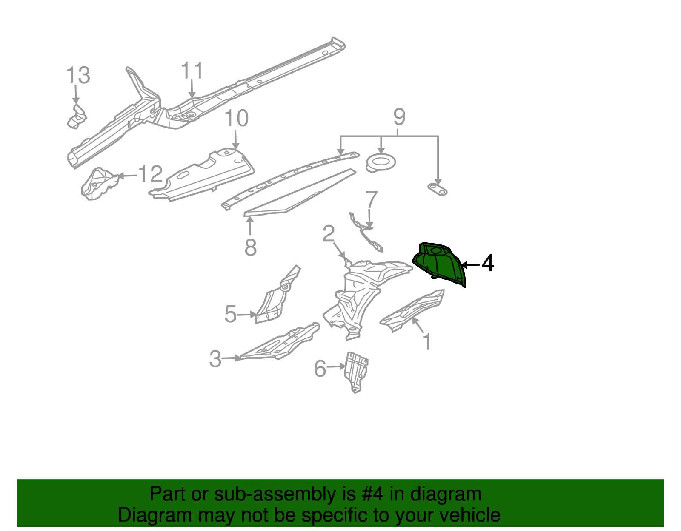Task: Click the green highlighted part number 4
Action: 439,265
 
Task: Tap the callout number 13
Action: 78,75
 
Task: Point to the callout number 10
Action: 237,118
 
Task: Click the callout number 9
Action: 399,117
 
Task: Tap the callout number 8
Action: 250,247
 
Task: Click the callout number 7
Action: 372,200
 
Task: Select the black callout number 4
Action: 488,263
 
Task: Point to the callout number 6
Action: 320,369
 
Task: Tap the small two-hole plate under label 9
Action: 438,190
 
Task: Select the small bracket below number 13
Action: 77,117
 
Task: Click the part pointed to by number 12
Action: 99,184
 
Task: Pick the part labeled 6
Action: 356,372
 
